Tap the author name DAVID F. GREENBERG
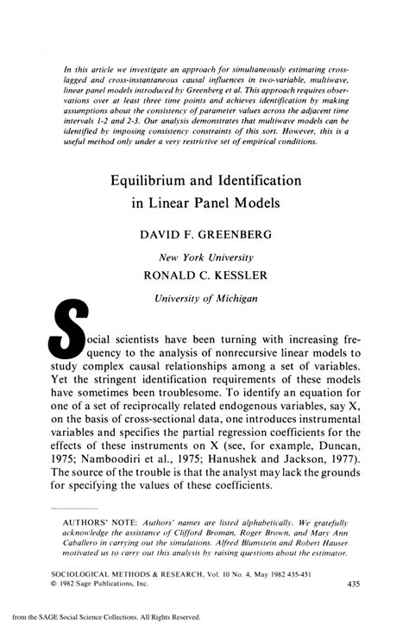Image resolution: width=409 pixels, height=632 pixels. click(x=204, y=235)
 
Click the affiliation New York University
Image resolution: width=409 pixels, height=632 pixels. click(x=204, y=257)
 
